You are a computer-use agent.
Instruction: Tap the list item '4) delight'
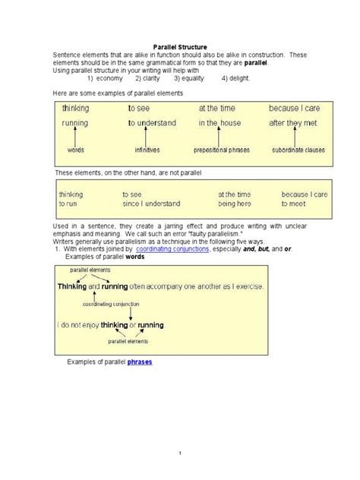[235, 78]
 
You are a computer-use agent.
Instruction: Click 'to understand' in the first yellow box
[152, 122]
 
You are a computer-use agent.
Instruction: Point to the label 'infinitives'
[147, 150]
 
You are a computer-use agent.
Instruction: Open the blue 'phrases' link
[139, 362]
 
